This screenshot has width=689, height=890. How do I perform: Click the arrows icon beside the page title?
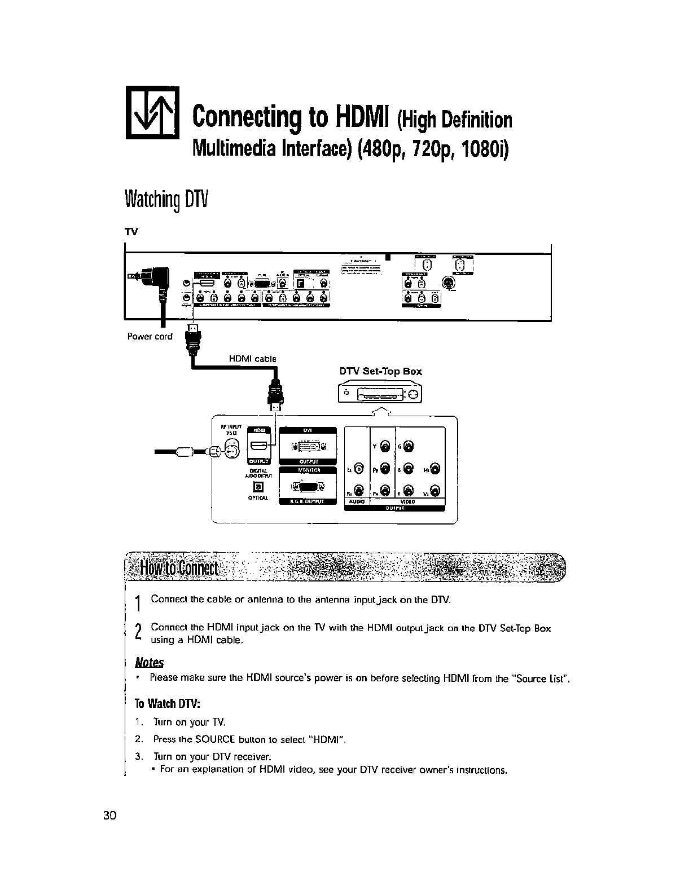152,113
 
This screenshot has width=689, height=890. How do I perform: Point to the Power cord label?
150,337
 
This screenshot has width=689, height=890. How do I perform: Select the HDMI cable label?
252,358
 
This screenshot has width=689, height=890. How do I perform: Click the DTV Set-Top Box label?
380,371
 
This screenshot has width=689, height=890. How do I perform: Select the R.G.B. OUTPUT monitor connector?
308,486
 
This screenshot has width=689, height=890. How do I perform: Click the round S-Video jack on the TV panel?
449,283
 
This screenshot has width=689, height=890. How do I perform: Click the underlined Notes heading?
150,662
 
